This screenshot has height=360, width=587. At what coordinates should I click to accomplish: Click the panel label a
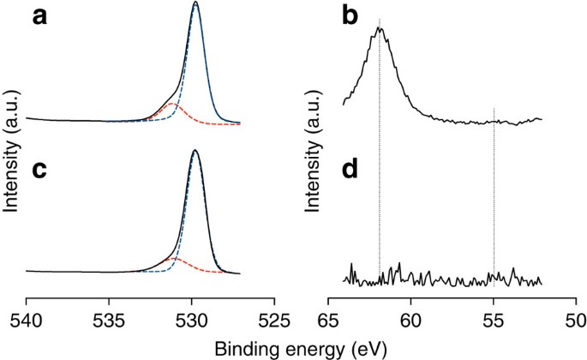[x=42, y=18]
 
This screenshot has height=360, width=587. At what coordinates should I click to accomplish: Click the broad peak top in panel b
[x=379, y=28]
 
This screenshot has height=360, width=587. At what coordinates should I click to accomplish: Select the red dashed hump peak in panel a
[x=172, y=104]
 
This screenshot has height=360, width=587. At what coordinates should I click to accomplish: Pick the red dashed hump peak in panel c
[x=174, y=257]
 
